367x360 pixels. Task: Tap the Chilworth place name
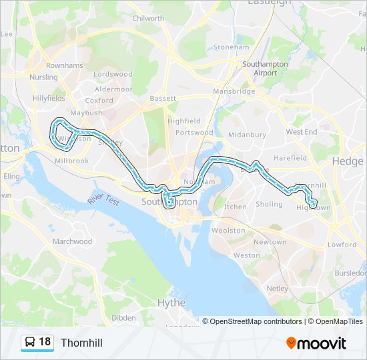coord(148,19)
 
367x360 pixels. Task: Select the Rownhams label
coord(65,65)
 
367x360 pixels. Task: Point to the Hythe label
coord(171,302)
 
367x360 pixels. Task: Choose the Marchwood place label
coord(72,241)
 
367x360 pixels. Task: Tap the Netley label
coord(278,289)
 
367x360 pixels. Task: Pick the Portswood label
coord(194,133)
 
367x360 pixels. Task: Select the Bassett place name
coord(163,98)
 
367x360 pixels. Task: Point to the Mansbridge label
coord(234,91)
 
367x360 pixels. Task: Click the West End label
coord(302,132)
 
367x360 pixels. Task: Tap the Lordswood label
coord(113,75)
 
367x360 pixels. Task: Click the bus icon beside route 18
coord(30,343)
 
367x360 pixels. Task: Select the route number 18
coord(45,342)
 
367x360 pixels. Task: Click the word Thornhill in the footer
coord(81,343)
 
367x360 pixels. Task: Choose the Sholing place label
coord(270,205)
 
